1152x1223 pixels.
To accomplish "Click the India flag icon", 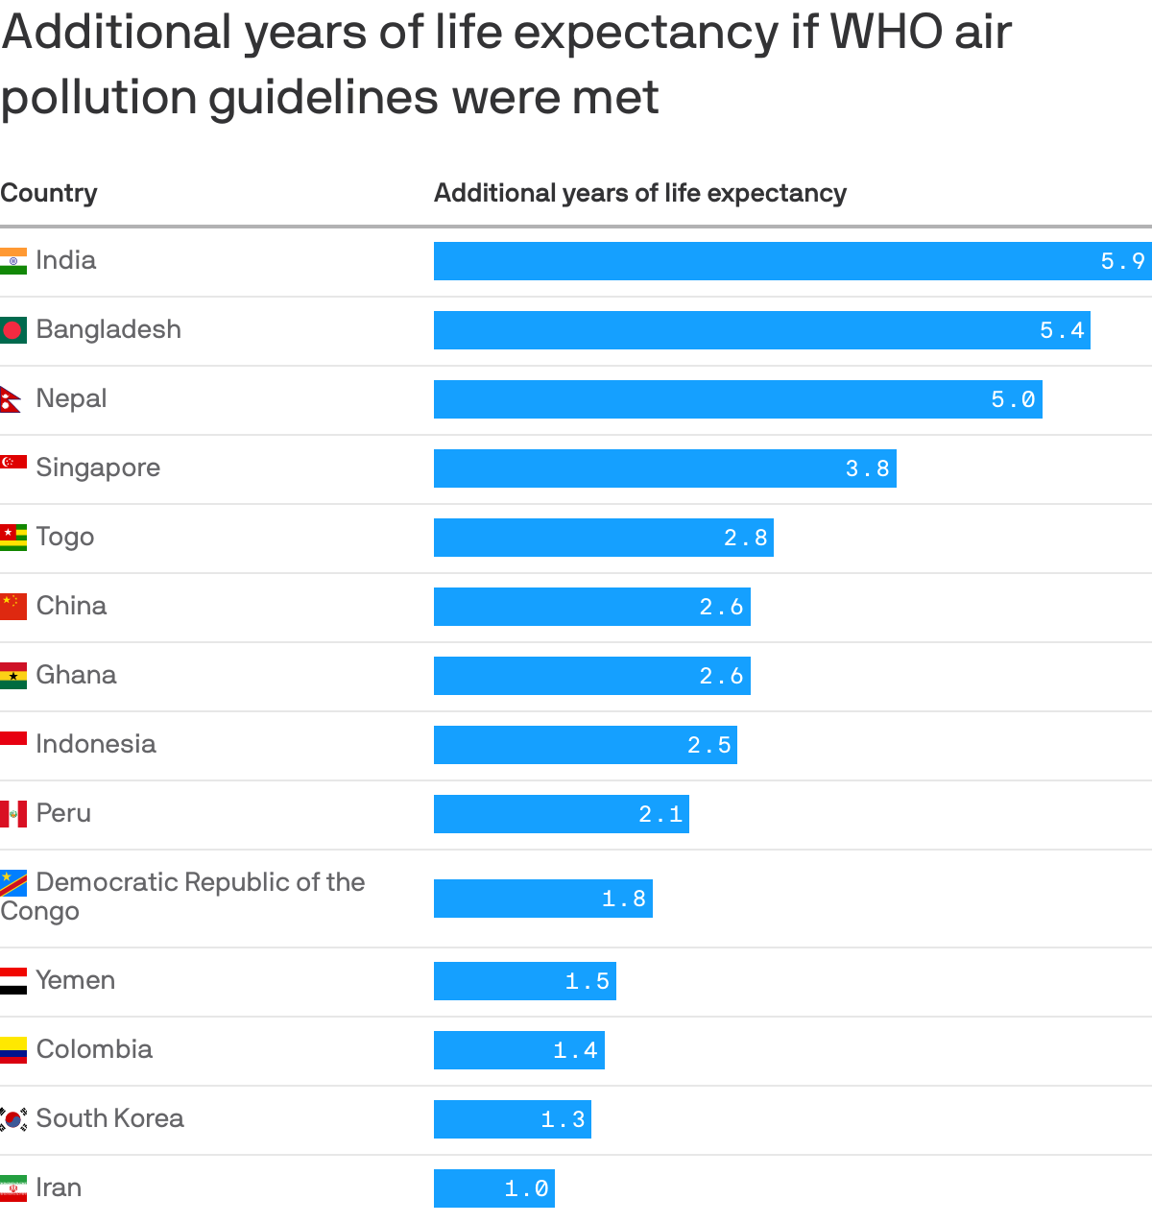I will point(13,261).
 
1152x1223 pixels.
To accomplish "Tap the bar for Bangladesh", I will point(761,330).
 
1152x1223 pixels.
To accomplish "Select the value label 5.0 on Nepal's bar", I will point(1013,399).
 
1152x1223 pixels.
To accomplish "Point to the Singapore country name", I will point(98,468).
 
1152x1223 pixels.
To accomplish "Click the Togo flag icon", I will point(13,538).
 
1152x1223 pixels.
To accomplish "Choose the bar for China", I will point(591,607).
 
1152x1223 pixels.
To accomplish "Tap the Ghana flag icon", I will point(13,676).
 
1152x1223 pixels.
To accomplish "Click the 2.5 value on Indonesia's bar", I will point(709,745).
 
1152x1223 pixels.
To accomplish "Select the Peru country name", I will point(63,813).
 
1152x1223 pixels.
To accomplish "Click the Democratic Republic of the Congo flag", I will point(13,883).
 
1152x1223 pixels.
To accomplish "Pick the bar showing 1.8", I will point(542,899).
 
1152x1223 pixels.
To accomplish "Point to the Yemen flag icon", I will point(13,981).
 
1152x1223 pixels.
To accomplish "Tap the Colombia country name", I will point(94,1049).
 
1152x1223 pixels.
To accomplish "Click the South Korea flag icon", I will point(13,1119).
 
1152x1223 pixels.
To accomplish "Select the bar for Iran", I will point(493,1188).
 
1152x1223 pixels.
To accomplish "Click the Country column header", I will point(49,193).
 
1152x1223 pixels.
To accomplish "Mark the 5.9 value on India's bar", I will point(1122,261).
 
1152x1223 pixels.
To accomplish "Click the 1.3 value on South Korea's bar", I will point(563,1119).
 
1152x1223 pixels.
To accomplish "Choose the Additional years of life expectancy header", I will point(639,193).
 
